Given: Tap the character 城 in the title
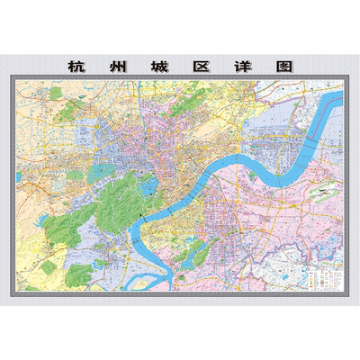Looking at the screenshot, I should [x=159, y=66].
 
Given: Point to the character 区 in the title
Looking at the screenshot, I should [x=201, y=66].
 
